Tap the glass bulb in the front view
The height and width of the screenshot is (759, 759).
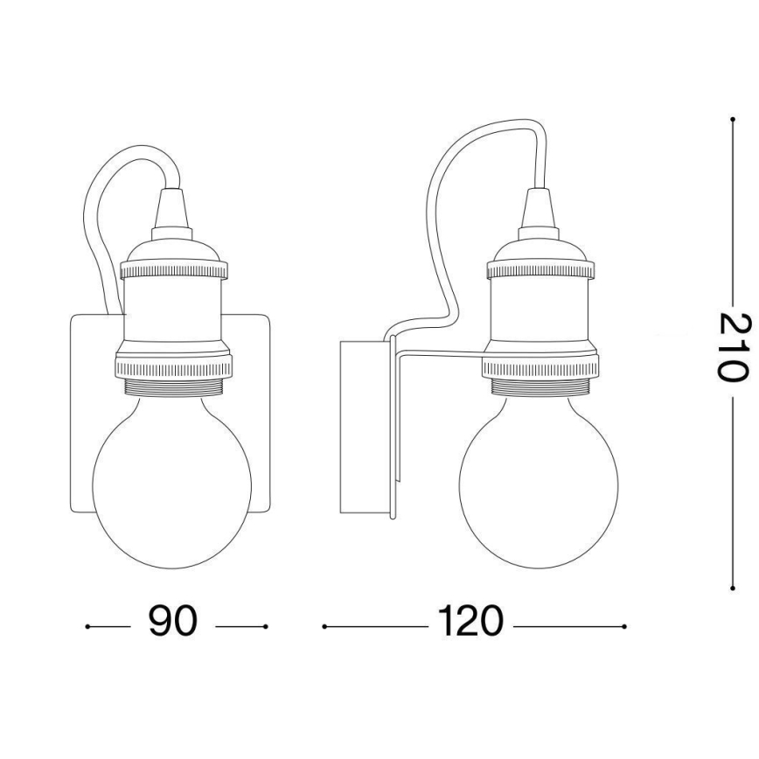172,490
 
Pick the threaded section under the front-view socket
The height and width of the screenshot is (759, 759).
172,389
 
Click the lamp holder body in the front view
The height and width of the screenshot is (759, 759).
172,310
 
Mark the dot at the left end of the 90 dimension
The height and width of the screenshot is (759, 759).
88,626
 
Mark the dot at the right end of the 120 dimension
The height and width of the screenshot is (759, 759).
623,626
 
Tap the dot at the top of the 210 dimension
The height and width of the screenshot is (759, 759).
731,117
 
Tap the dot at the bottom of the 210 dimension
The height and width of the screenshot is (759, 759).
731,588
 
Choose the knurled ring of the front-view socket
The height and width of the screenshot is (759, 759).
172,364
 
